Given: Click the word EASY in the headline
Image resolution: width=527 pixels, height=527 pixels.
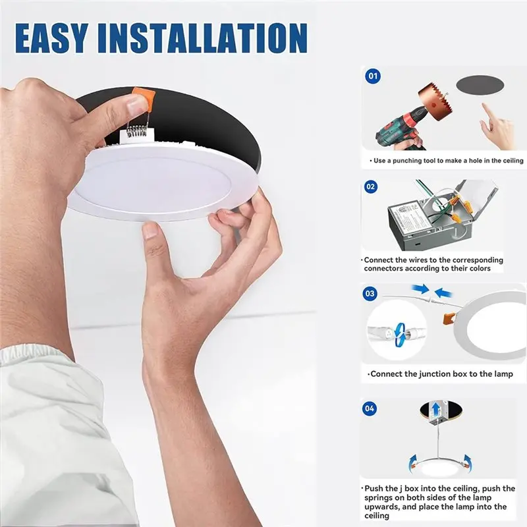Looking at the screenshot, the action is pos(52,38).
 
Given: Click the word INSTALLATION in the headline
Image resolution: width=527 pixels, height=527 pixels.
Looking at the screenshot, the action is pos(202,38).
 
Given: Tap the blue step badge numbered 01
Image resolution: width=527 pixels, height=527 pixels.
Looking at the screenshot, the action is pos(373,76).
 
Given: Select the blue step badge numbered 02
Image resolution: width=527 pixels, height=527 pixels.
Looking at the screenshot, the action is pos(371,186).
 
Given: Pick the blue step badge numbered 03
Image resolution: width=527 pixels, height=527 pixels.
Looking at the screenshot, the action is pos(370,294).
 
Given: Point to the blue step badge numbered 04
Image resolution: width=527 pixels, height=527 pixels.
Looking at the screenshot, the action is pos(370,408).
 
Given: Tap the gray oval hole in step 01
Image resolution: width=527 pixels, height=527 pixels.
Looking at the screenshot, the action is pos(480,85).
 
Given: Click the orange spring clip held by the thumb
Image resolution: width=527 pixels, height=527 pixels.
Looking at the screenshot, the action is pos(144,99).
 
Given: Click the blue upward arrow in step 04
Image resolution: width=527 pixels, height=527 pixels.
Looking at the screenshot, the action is pos(436,409).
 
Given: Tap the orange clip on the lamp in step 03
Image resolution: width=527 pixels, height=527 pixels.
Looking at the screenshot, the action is pos(449,318).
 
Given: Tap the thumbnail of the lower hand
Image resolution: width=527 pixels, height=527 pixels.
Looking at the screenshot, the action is pos(151,231).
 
